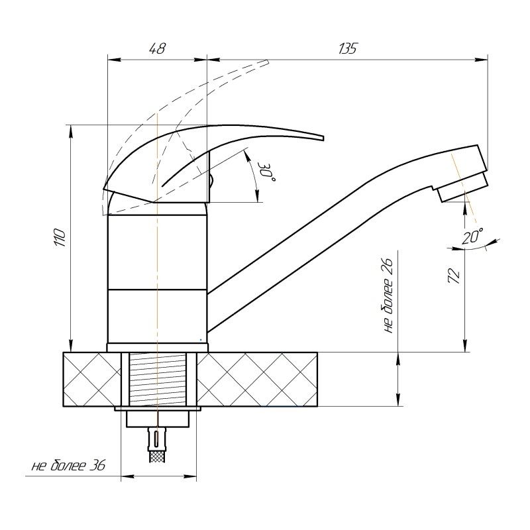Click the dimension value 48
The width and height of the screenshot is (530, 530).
click(157, 48)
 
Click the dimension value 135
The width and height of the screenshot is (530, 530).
click(347, 48)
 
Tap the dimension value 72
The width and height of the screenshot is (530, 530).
click(454, 276)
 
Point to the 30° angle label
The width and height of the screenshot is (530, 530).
click(267, 172)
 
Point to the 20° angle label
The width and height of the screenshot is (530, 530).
click(472, 236)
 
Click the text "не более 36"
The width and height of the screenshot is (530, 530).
click(69, 466)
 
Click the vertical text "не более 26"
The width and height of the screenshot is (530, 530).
click(389, 296)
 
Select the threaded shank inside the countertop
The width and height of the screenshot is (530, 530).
click(158, 378)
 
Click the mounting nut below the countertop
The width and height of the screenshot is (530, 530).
click(158, 419)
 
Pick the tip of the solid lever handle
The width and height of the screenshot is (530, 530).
click(323, 138)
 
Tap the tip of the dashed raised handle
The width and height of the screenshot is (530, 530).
click(267, 62)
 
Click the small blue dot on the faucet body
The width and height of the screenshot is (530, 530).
click(201, 340)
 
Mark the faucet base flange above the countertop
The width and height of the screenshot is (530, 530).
click(158, 347)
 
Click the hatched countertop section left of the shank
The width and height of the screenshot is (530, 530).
click(92, 379)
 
